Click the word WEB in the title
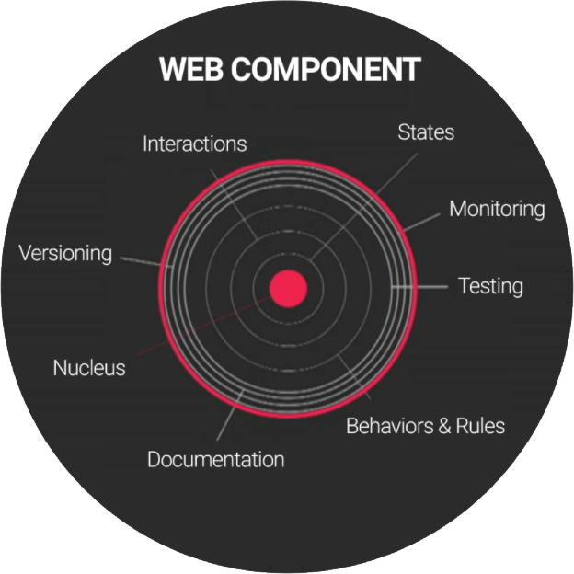189,70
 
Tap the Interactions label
194,144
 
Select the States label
426,132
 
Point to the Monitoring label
497,210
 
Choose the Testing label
490,286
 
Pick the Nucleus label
88,368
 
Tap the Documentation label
215,459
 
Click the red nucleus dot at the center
287,288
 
